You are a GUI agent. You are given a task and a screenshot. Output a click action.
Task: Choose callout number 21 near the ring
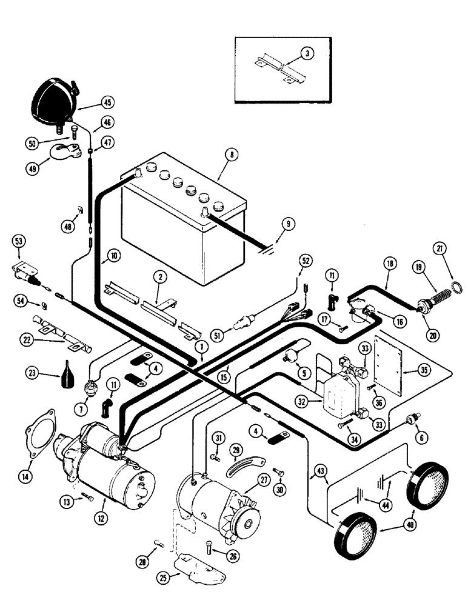(439, 249)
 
